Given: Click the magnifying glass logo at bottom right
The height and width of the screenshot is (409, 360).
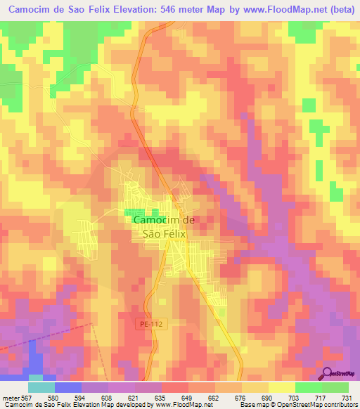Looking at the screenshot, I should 328,373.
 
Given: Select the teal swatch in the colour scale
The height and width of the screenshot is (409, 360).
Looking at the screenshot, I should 41,388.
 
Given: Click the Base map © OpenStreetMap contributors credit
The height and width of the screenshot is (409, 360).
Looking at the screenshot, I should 297,405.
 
